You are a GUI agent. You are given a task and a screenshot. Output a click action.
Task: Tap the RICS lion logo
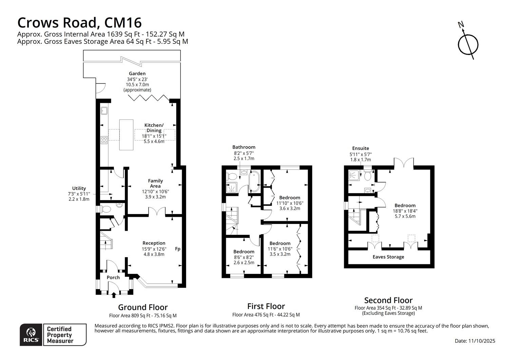coord(31,332)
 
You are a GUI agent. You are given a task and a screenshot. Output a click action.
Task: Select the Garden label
coord(137,73)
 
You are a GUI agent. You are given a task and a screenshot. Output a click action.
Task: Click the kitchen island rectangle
coord(126,135)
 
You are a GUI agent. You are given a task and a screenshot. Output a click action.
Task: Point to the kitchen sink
coord(104,111)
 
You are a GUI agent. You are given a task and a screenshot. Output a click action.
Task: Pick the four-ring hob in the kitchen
coord(104,140)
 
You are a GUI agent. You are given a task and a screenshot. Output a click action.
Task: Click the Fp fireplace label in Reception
coord(178,249)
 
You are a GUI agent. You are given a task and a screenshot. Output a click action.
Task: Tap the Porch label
coord(113,278)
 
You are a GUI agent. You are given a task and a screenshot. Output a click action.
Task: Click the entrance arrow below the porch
coord(114,295)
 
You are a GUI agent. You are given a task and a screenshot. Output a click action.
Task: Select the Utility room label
coord(79,188)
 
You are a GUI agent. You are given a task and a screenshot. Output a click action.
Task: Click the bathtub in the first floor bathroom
coord(254,181)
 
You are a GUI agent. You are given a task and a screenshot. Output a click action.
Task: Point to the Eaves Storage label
coord(388,257)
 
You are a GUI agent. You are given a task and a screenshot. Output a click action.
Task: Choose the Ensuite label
coord(360,148)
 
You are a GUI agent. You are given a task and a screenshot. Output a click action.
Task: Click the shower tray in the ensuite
coord(354,175)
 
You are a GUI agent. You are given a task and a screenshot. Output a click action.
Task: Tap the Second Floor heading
coord(388,300)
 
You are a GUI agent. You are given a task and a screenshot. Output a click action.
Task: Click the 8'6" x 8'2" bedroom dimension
coord(244,257)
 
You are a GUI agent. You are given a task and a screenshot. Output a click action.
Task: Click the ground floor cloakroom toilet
coord(105,209)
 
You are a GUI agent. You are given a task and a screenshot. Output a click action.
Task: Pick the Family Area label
coord(155,183)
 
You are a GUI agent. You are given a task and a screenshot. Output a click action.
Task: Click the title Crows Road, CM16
coord(80,22)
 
